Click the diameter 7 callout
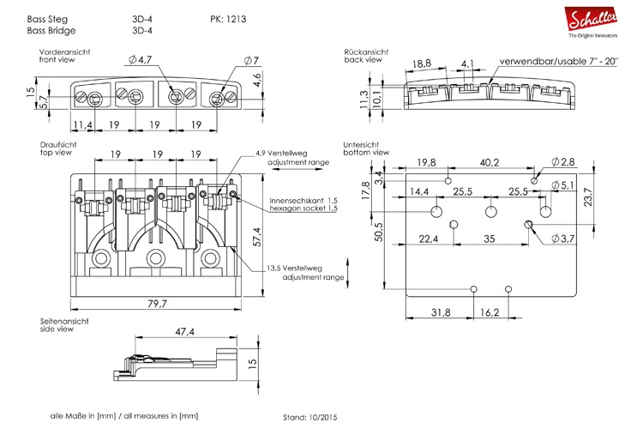click(x=250, y=60)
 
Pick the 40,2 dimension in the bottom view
click(x=489, y=163)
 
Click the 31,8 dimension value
click(x=439, y=313)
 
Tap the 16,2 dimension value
click(x=491, y=313)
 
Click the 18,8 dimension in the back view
click(x=421, y=64)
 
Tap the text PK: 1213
click(x=229, y=18)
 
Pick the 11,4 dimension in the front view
click(x=82, y=124)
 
